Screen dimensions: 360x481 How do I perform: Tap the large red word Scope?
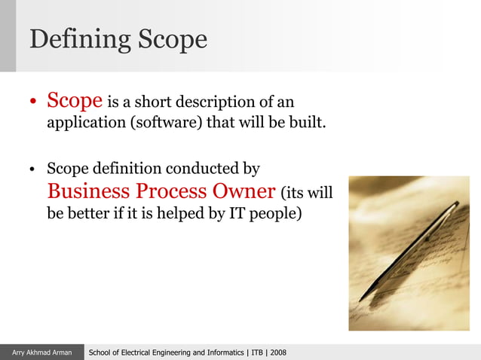click(75, 100)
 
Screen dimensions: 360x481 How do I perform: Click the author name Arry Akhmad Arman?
click(41, 352)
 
